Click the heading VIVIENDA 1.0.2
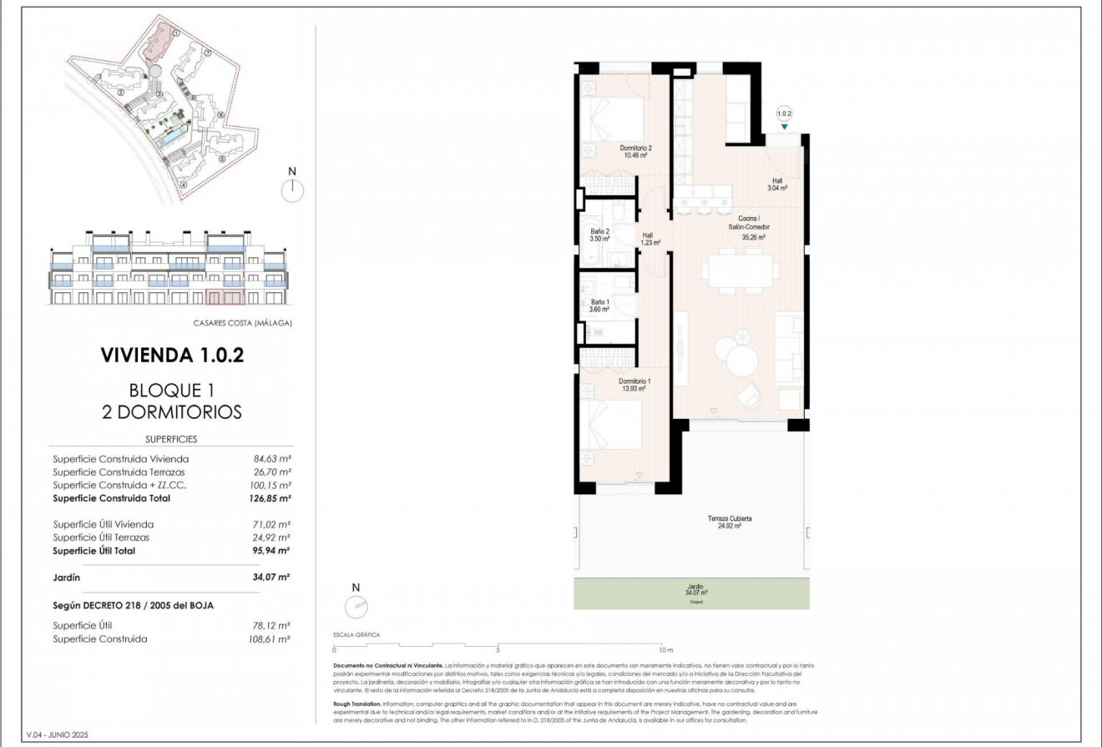[x=172, y=355]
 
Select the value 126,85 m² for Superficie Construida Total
[x=271, y=498]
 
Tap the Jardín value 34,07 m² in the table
[x=272, y=577]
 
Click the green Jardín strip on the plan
[x=691, y=593]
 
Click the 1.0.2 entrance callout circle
[x=783, y=113]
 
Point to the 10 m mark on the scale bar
[x=665, y=649]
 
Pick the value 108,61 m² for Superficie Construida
[x=271, y=638]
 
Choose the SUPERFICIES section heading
[x=171, y=439]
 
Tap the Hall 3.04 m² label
[x=778, y=184]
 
